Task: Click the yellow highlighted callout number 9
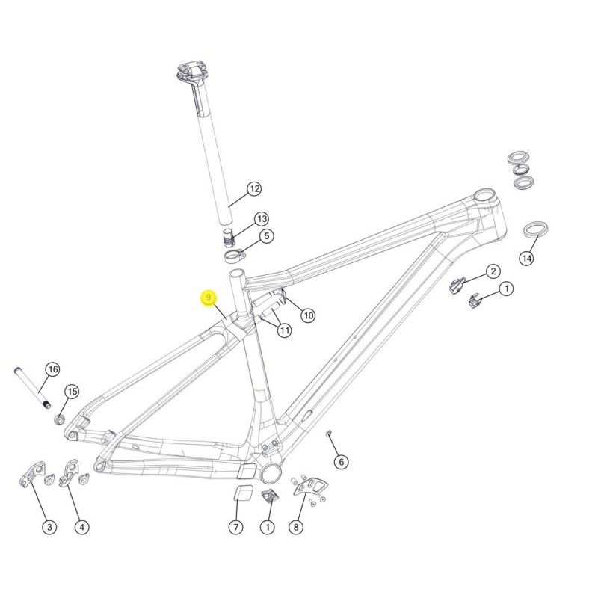pyautogui.click(x=209, y=298)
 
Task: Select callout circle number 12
pyautogui.click(x=254, y=189)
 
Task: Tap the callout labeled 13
pyautogui.click(x=262, y=219)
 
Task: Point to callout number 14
pyautogui.click(x=527, y=259)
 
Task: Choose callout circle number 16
pyautogui.click(x=53, y=369)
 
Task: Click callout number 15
pyautogui.click(x=72, y=392)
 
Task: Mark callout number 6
pyautogui.click(x=341, y=462)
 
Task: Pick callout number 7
pyautogui.click(x=235, y=528)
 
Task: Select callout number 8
pyautogui.click(x=296, y=528)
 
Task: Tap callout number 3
pyautogui.click(x=49, y=528)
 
